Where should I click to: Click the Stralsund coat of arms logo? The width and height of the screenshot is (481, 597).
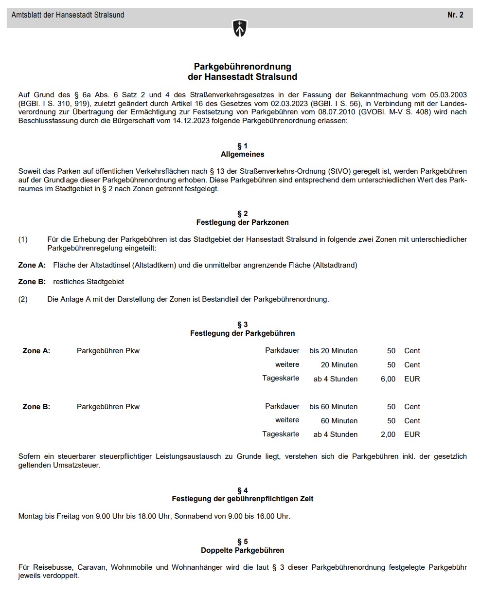click(x=240, y=28)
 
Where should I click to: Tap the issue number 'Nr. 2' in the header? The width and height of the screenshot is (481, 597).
click(x=455, y=15)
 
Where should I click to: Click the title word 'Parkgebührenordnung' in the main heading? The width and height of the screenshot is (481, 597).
click(x=242, y=67)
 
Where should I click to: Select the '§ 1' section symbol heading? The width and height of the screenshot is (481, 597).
click(x=242, y=146)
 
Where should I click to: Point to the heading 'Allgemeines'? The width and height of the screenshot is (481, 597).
click(x=242, y=154)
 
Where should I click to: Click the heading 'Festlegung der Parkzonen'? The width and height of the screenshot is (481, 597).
click(x=242, y=222)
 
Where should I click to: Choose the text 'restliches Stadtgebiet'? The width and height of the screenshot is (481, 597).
click(x=89, y=282)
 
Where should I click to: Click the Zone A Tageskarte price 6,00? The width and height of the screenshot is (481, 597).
click(x=388, y=379)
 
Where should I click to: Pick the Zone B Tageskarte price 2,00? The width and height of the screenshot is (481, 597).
click(x=388, y=434)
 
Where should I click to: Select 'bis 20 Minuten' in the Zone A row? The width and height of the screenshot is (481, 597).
click(x=333, y=351)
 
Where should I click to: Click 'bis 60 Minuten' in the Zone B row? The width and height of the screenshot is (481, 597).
click(x=333, y=407)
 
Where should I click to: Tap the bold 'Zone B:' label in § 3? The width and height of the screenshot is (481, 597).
click(x=36, y=407)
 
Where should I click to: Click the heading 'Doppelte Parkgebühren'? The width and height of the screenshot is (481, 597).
click(x=242, y=550)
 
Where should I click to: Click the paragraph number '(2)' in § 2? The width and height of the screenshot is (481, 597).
click(x=23, y=299)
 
